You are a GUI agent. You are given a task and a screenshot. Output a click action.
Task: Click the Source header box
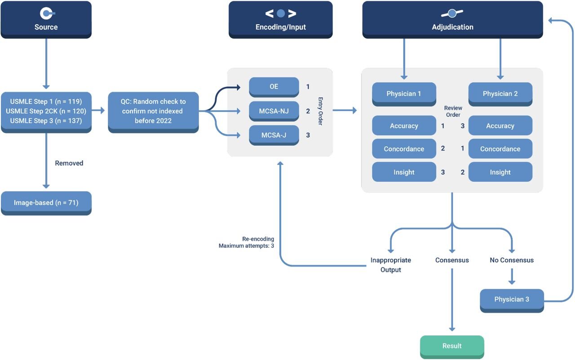(46, 20)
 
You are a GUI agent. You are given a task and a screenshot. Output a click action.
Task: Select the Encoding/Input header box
(280, 20)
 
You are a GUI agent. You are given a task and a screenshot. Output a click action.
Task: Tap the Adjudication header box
(452, 20)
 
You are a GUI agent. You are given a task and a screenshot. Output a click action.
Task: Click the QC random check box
(153, 111)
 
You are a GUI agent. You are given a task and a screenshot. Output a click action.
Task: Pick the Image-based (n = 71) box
(46, 203)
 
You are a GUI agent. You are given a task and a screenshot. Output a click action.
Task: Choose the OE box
(274, 86)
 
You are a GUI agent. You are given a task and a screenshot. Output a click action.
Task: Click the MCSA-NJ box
(274, 111)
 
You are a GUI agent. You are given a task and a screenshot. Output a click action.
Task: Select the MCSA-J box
(274, 135)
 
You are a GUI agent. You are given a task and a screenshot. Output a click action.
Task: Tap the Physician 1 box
(404, 93)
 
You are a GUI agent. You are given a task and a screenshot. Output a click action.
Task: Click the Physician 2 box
(500, 93)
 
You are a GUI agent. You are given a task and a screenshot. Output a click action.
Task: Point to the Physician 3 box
(511, 299)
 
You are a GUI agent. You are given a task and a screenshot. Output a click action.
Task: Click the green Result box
(452, 346)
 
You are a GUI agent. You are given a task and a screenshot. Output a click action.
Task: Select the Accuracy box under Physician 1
(404, 126)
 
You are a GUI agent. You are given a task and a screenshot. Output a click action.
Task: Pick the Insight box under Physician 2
(500, 172)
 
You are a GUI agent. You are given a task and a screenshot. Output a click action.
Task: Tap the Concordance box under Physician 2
(500, 149)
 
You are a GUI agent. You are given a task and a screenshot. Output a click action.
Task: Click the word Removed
(69, 163)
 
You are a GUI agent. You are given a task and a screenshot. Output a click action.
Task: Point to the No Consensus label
(512, 260)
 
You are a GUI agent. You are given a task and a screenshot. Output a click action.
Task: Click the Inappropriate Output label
(390, 265)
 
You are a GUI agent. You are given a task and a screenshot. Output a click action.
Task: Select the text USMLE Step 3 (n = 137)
(46, 120)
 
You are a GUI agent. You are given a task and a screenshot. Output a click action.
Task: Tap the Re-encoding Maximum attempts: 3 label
(246, 242)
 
